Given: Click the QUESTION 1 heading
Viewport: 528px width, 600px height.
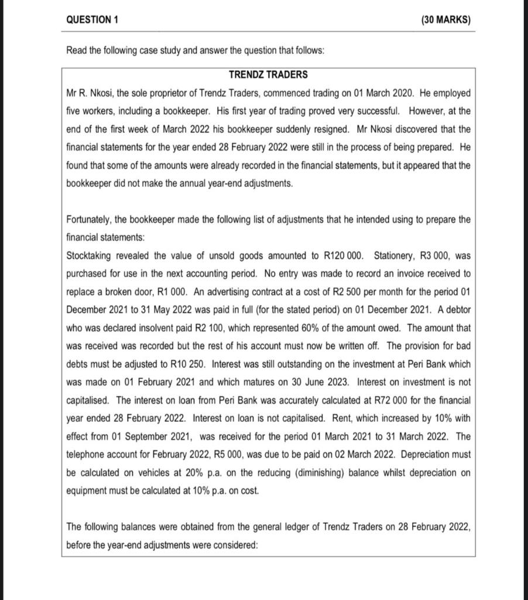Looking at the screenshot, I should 92,19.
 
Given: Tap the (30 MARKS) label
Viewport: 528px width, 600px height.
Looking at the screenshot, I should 445,19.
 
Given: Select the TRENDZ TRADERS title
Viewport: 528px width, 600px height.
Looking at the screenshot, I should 268,75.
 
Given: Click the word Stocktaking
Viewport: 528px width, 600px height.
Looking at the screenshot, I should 92,256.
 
